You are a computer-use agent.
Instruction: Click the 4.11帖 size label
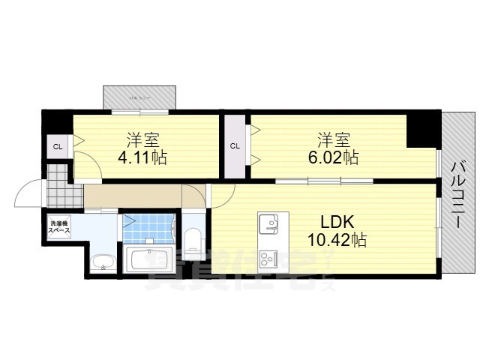(x=142, y=159)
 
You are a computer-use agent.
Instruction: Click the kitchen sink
(x=268, y=224)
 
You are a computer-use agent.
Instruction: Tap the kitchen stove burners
(x=268, y=259)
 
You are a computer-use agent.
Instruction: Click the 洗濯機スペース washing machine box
(x=59, y=227)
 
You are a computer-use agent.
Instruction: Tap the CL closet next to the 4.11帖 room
(x=57, y=146)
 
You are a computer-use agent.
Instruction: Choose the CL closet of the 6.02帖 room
(x=235, y=146)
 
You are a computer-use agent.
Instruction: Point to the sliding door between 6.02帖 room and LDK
(x=324, y=181)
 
